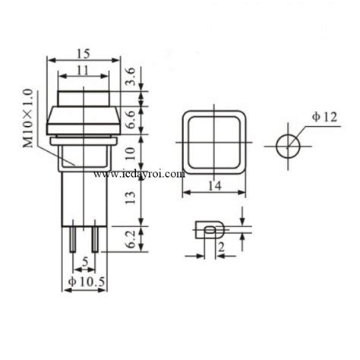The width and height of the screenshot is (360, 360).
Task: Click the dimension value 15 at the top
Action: coord(84,54)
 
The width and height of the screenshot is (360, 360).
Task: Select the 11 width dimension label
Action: coord(83,71)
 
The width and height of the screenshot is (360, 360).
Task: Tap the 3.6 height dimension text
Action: coord(131,77)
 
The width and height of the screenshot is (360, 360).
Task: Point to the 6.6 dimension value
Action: coord(131,120)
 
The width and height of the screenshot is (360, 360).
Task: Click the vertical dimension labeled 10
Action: coord(131,153)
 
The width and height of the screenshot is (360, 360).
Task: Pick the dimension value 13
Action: coord(131,197)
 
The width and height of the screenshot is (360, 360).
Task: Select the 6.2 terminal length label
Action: coord(131,239)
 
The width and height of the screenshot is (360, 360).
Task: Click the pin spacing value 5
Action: coord(85,262)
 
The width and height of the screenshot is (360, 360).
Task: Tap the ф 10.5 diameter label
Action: coord(87,282)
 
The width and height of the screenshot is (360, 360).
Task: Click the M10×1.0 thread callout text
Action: coord(28,118)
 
